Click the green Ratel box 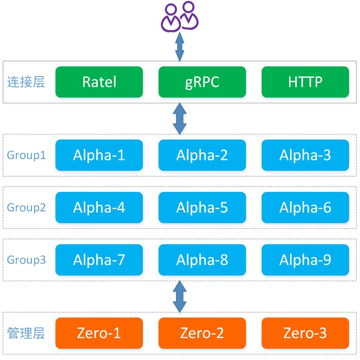point(99,82)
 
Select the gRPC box point(202,82)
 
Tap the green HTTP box point(305,82)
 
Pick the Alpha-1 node point(99,155)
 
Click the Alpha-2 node point(202,155)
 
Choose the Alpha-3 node point(305,155)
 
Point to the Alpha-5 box point(202,207)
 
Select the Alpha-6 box point(305,207)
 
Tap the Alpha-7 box point(99,260)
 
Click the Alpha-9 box point(305,260)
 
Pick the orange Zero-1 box point(99,333)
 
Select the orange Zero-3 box point(305,333)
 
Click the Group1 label point(26,156)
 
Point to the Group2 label point(26,208)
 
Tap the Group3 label point(26,260)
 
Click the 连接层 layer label point(26,82)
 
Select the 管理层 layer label point(26,333)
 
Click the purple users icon point(179,17)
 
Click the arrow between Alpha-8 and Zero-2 point(179,296)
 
